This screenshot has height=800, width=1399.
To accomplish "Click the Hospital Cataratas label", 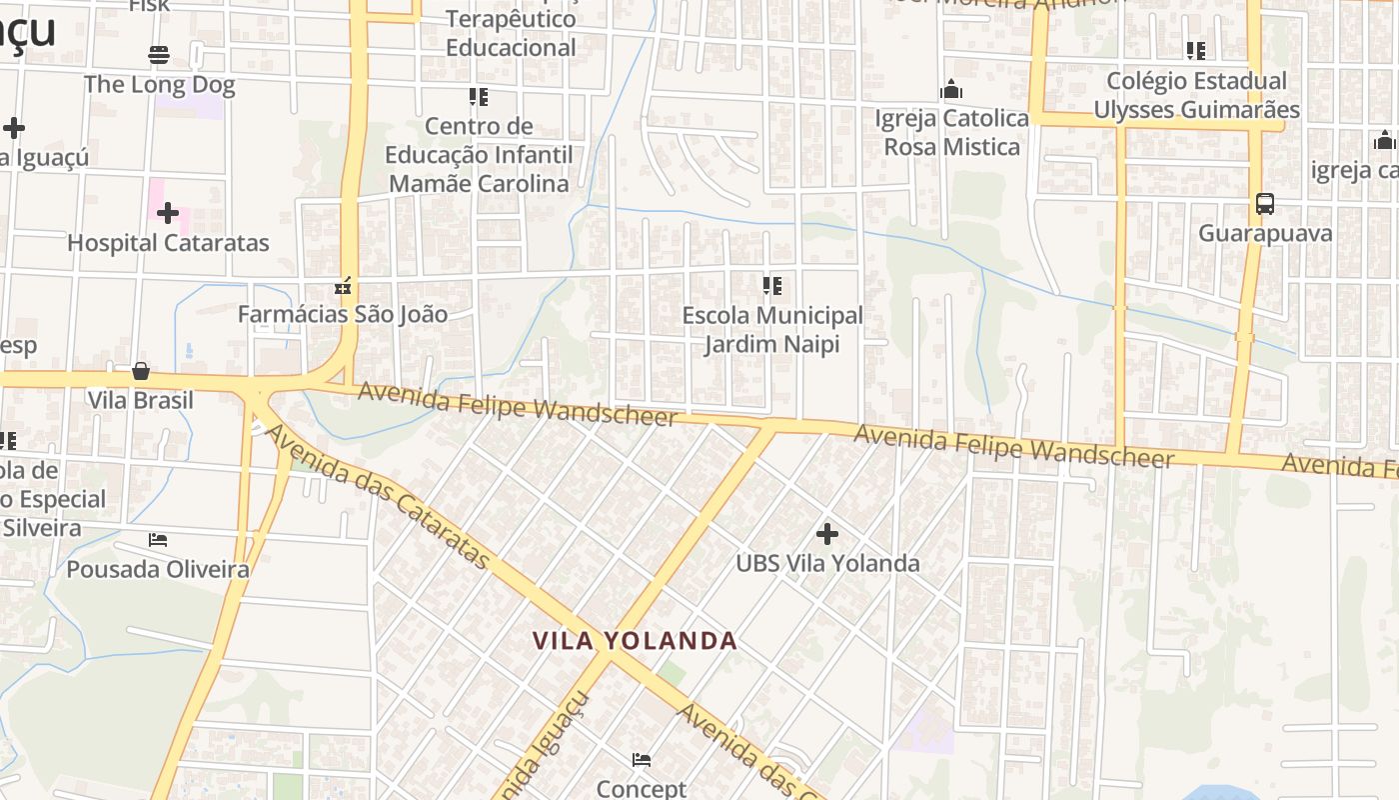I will [x=168, y=243].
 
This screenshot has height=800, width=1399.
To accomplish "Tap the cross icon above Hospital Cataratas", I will [x=168, y=213].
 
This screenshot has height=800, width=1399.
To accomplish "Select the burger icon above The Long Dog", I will [x=159, y=54].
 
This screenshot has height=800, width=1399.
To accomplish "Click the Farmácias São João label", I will [x=342, y=314].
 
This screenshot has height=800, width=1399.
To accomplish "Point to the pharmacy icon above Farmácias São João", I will [x=344, y=287].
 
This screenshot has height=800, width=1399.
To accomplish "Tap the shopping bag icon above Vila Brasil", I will [x=141, y=371].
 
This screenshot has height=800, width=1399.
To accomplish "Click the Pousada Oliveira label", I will [x=158, y=570].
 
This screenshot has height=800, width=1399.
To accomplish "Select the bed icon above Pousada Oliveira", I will [x=158, y=540].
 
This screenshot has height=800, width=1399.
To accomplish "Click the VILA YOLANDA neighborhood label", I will [x=635, y=641].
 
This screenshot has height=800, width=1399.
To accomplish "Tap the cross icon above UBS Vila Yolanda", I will [x=827, y=533].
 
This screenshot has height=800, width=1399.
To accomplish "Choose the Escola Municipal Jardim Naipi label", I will [x=771, y=330].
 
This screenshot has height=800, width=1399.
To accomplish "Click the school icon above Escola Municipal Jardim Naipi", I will [x=772, y=286].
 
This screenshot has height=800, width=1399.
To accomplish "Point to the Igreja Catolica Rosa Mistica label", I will [x=951, y=133].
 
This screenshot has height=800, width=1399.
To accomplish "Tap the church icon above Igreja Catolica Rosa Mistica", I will [x=951, y=90].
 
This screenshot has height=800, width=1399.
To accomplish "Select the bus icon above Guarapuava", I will [x=1265, y=204].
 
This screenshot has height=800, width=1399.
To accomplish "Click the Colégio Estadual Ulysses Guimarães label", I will [x=1196, y=96].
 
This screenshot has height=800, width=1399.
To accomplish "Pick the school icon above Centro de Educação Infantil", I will [x=479, y=97].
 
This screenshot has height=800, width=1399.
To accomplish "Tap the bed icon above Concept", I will [x=642, y=760].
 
